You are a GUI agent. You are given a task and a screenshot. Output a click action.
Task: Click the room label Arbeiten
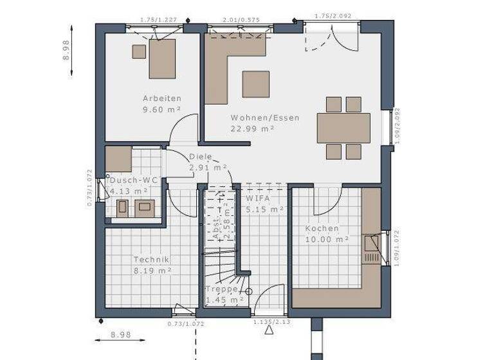click(161, 98)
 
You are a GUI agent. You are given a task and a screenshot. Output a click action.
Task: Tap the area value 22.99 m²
click(252, 129)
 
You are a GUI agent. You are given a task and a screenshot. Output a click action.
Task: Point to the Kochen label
click(322, 228)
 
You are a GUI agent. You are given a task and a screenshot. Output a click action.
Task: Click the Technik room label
click(151, 260)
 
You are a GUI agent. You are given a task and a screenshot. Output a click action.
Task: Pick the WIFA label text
click(257, 199)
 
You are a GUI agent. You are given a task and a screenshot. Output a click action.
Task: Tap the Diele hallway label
click(200, 157)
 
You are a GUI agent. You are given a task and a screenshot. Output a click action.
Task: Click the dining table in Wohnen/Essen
click(343, 128)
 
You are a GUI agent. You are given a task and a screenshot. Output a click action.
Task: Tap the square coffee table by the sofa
click(255, 84)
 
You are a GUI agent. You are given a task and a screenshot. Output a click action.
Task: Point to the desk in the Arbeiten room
click(162, 59)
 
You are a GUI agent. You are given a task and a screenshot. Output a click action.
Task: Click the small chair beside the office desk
click(138, 51)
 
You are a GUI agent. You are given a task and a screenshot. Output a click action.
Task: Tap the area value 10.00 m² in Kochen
click(327, 239)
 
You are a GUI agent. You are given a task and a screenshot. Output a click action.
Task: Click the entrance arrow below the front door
click(269, 331)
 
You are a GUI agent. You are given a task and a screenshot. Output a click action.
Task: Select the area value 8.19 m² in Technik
click(152, 271)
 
